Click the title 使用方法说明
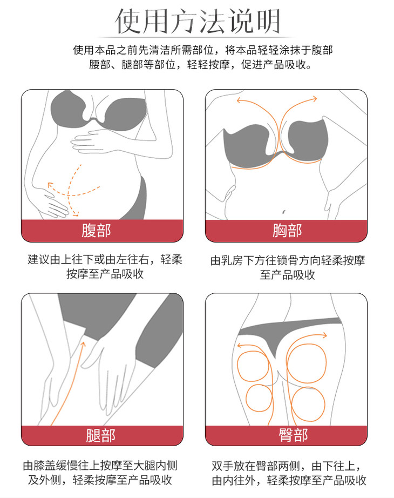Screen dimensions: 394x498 [x=197, y=21]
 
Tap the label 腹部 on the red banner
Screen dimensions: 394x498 [x=96, y=230]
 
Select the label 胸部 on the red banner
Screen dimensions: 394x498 [x=287, y=230]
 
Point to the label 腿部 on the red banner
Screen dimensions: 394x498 [x=100, y=435]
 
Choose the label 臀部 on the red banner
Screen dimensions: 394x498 [x=294, y=435]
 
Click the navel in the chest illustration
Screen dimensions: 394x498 [x=283, y=212]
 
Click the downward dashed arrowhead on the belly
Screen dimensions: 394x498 [x=76, y=214]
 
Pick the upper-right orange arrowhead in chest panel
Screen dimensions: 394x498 [x=314, y=99]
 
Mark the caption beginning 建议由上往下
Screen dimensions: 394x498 [x=105, y=266]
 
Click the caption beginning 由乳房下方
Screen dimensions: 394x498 [x=287, y=267]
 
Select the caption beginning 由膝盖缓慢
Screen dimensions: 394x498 [x=100, y=473]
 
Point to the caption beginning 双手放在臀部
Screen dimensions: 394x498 [x=289, y=473]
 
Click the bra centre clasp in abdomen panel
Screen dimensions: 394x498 [x=94, y=120]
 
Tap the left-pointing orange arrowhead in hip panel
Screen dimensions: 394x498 [x=240, y=346]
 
